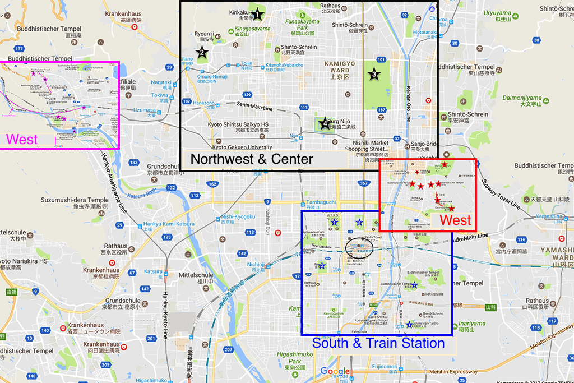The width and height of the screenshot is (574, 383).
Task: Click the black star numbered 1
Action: click(x=257, y=14)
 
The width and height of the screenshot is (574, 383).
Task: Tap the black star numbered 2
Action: click(x=201, y=53)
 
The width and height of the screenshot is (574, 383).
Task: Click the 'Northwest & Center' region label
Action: click(x=252, y=159)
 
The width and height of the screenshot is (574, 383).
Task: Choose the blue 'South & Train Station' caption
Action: click(x=378, y=343)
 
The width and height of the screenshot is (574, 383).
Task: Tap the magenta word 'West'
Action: click(x=22, y=139)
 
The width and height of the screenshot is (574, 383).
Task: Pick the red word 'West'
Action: click(x=455, y=220)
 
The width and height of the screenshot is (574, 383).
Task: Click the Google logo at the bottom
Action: click(x=335, y=371)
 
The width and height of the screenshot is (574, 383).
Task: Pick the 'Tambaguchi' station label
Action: click(x=321, y=202)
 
